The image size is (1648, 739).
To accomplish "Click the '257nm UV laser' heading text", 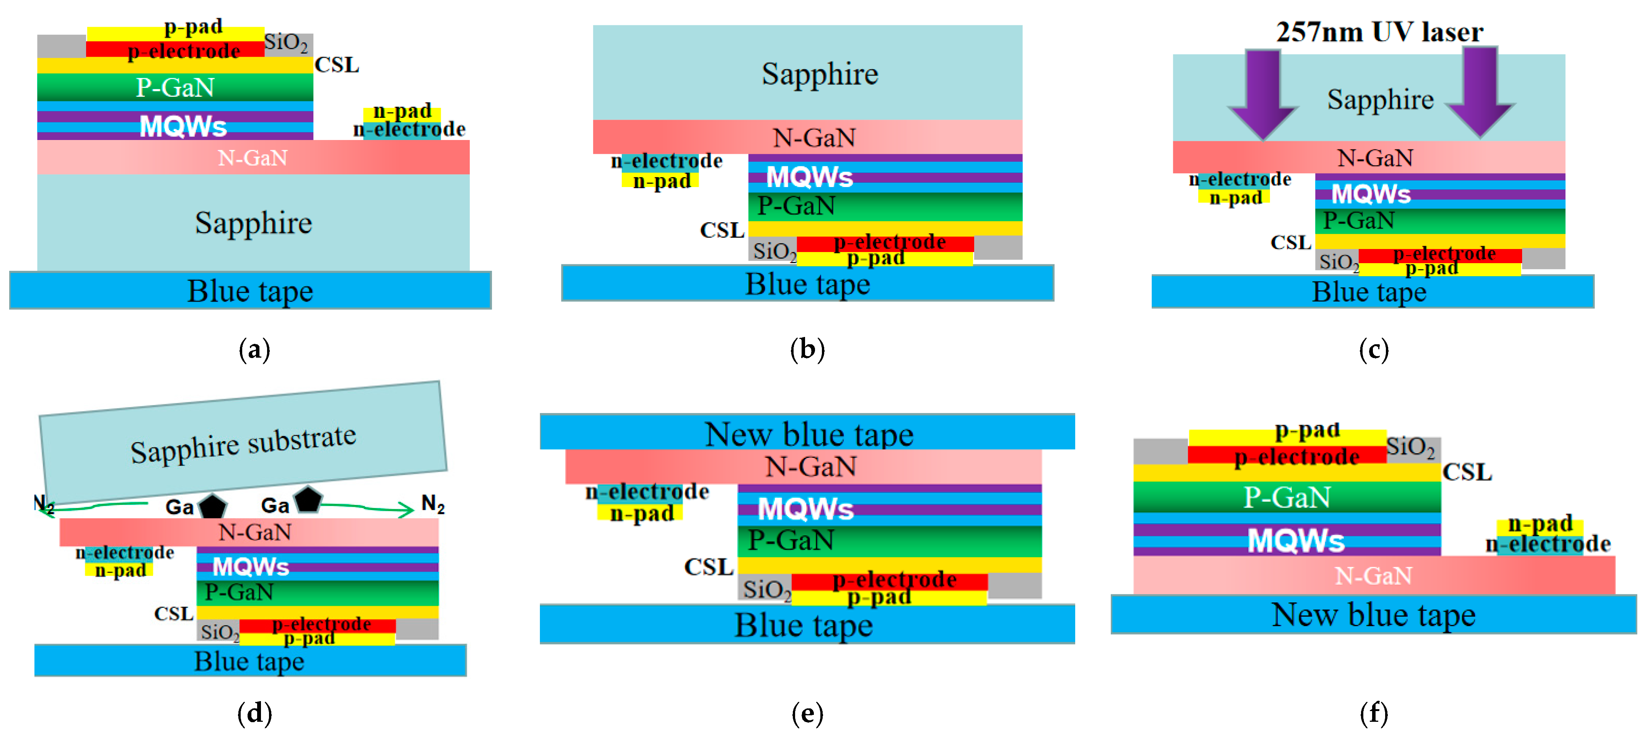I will coord(1379,32).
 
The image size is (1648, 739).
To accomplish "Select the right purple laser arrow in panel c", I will coord(1480,93).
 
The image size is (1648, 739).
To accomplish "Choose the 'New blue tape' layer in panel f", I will coord(1373,614).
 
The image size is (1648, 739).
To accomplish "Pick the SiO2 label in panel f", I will coord(1411,447).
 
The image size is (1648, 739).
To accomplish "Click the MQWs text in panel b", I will coord(809,176).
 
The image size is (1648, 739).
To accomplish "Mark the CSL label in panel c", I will coord(1290,243).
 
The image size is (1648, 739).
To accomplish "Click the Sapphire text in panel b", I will coord(820,74).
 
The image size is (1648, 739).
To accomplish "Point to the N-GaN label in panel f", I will coord(1373,576).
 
